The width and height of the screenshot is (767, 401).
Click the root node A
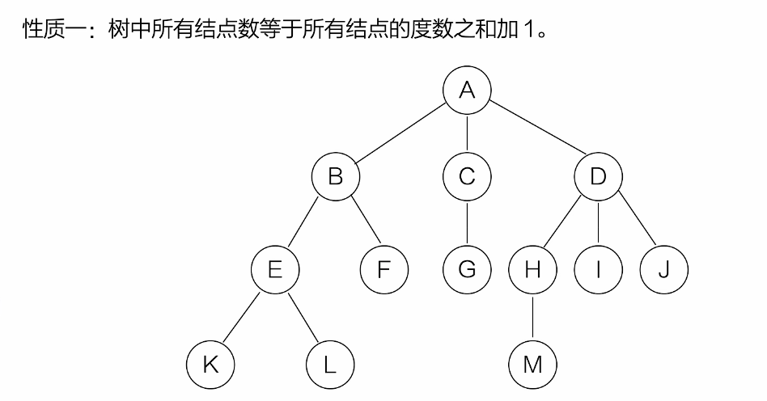[467, 89]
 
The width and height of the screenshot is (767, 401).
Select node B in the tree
[335, 176]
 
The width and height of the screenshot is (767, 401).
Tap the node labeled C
[467, 176]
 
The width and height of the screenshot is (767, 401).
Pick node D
[598, 176]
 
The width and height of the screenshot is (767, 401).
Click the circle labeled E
[275, 269]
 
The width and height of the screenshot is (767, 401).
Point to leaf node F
[384, 269]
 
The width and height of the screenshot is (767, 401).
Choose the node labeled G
[467, 269]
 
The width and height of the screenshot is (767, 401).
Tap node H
[532, 269]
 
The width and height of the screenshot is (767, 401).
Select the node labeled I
[598, 269]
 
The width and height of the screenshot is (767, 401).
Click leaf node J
[663, 269]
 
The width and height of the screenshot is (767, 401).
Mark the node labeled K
[210, 365]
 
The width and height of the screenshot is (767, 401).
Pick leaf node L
[329, 365]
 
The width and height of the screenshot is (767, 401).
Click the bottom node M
[532, 365]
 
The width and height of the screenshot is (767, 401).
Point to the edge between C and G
[467, 222]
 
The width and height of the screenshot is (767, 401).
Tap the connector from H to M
[532, 317]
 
